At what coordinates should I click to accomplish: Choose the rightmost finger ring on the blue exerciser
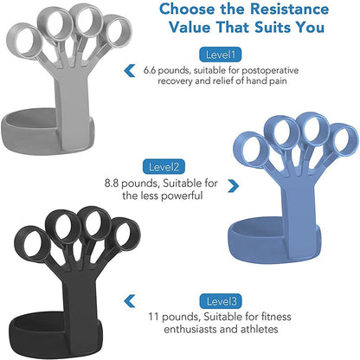pos(343,142)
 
